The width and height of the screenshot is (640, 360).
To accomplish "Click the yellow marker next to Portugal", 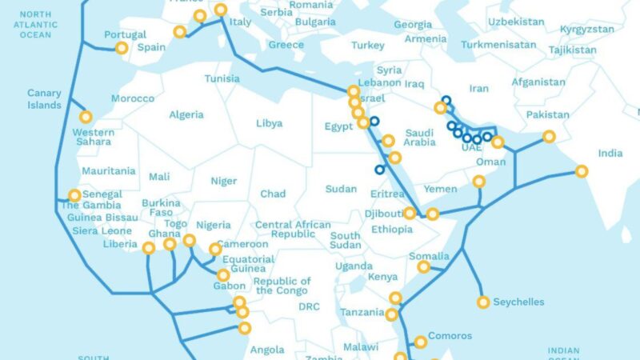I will point(122,48).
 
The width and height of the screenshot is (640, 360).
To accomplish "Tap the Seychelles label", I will point(518,302).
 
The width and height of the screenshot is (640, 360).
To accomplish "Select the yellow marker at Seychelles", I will point(483,302).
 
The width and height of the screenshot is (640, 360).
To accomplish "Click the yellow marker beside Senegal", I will point(74,194).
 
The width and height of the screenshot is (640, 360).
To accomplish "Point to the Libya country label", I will point(269,123).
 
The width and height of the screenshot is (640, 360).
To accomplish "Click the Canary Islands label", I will point(44,99).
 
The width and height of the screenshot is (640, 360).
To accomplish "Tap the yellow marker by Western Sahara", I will point(85,117).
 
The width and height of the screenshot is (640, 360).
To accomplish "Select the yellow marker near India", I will point(582,170).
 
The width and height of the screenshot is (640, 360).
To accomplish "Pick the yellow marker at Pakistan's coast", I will point(549,137).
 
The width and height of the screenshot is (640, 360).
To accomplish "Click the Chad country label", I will point(273,194).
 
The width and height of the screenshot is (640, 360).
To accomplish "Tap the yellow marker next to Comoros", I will point(419,342).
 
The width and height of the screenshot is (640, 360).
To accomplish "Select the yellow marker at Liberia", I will point(149,248).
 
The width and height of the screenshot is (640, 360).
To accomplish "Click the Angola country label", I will point(267,350).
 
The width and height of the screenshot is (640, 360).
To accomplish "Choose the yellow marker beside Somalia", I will point(423,267).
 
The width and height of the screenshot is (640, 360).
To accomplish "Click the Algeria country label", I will point(186,114).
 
